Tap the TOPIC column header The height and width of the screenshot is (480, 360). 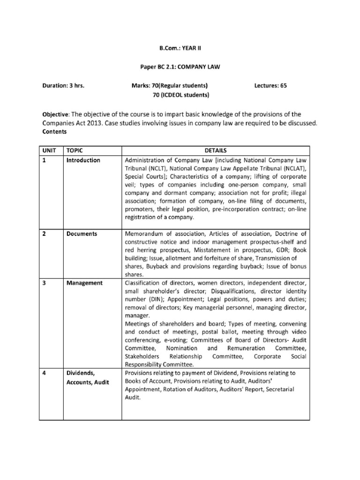tap(75, 151)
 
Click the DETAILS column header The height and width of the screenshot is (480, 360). tap(215, 151)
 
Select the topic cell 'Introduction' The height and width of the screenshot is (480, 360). tap(83, 160)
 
